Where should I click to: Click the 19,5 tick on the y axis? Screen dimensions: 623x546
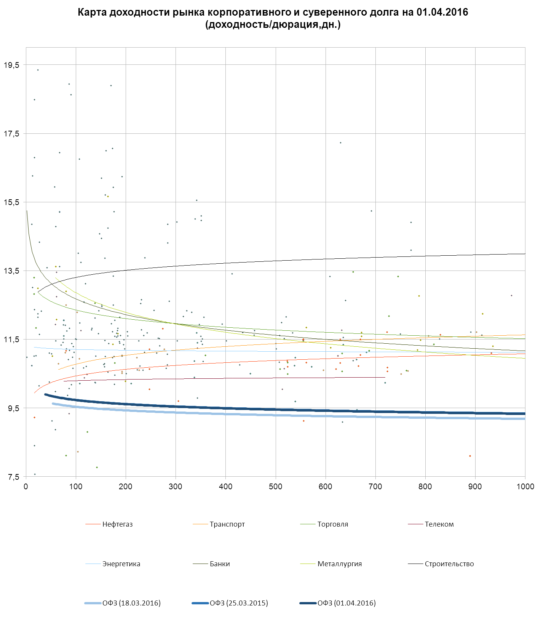click(x=11, y=65)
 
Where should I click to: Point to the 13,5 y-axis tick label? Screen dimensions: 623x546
click(x=11, y=271)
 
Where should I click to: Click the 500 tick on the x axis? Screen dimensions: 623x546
click(x=276, y=487)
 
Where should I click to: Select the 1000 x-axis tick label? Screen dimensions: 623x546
click(x=525, y=487)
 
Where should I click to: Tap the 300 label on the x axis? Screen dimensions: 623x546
click(x=176, y=487)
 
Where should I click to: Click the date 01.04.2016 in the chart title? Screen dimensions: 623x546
click(x=442, y=12)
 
